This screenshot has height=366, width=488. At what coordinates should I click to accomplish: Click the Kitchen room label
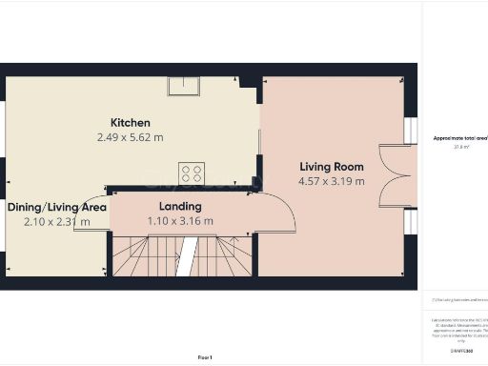click(x=131, y=123)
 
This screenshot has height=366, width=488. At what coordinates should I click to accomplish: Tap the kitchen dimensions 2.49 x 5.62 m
click(x=131, y=137)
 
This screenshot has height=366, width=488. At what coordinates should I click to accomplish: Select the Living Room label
click(x=331, y=166)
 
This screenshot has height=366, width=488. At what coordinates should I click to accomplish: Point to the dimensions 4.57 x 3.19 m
click(x=331, y=180)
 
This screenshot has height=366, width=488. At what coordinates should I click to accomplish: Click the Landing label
click(x=180, y=206)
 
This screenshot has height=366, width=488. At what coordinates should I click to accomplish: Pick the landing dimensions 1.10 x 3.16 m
click(x=180, y=220)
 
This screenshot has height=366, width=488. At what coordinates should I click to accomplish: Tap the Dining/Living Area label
click(x=57, y=206)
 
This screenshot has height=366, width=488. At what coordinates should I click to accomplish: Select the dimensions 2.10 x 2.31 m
click(x=57, y=221)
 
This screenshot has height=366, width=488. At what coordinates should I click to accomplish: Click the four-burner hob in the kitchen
click(x=192, y=173)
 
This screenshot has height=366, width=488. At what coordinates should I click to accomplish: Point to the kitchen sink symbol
click(x=182, y=87)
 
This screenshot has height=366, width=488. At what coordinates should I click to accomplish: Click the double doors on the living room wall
click(x=392, y=175)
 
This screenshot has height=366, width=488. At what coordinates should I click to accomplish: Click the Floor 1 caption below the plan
click(x=205, y=356)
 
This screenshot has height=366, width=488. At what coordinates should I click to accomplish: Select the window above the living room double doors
click(x=410, y=131)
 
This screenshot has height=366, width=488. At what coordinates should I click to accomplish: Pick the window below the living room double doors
click(x=410, y=221)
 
